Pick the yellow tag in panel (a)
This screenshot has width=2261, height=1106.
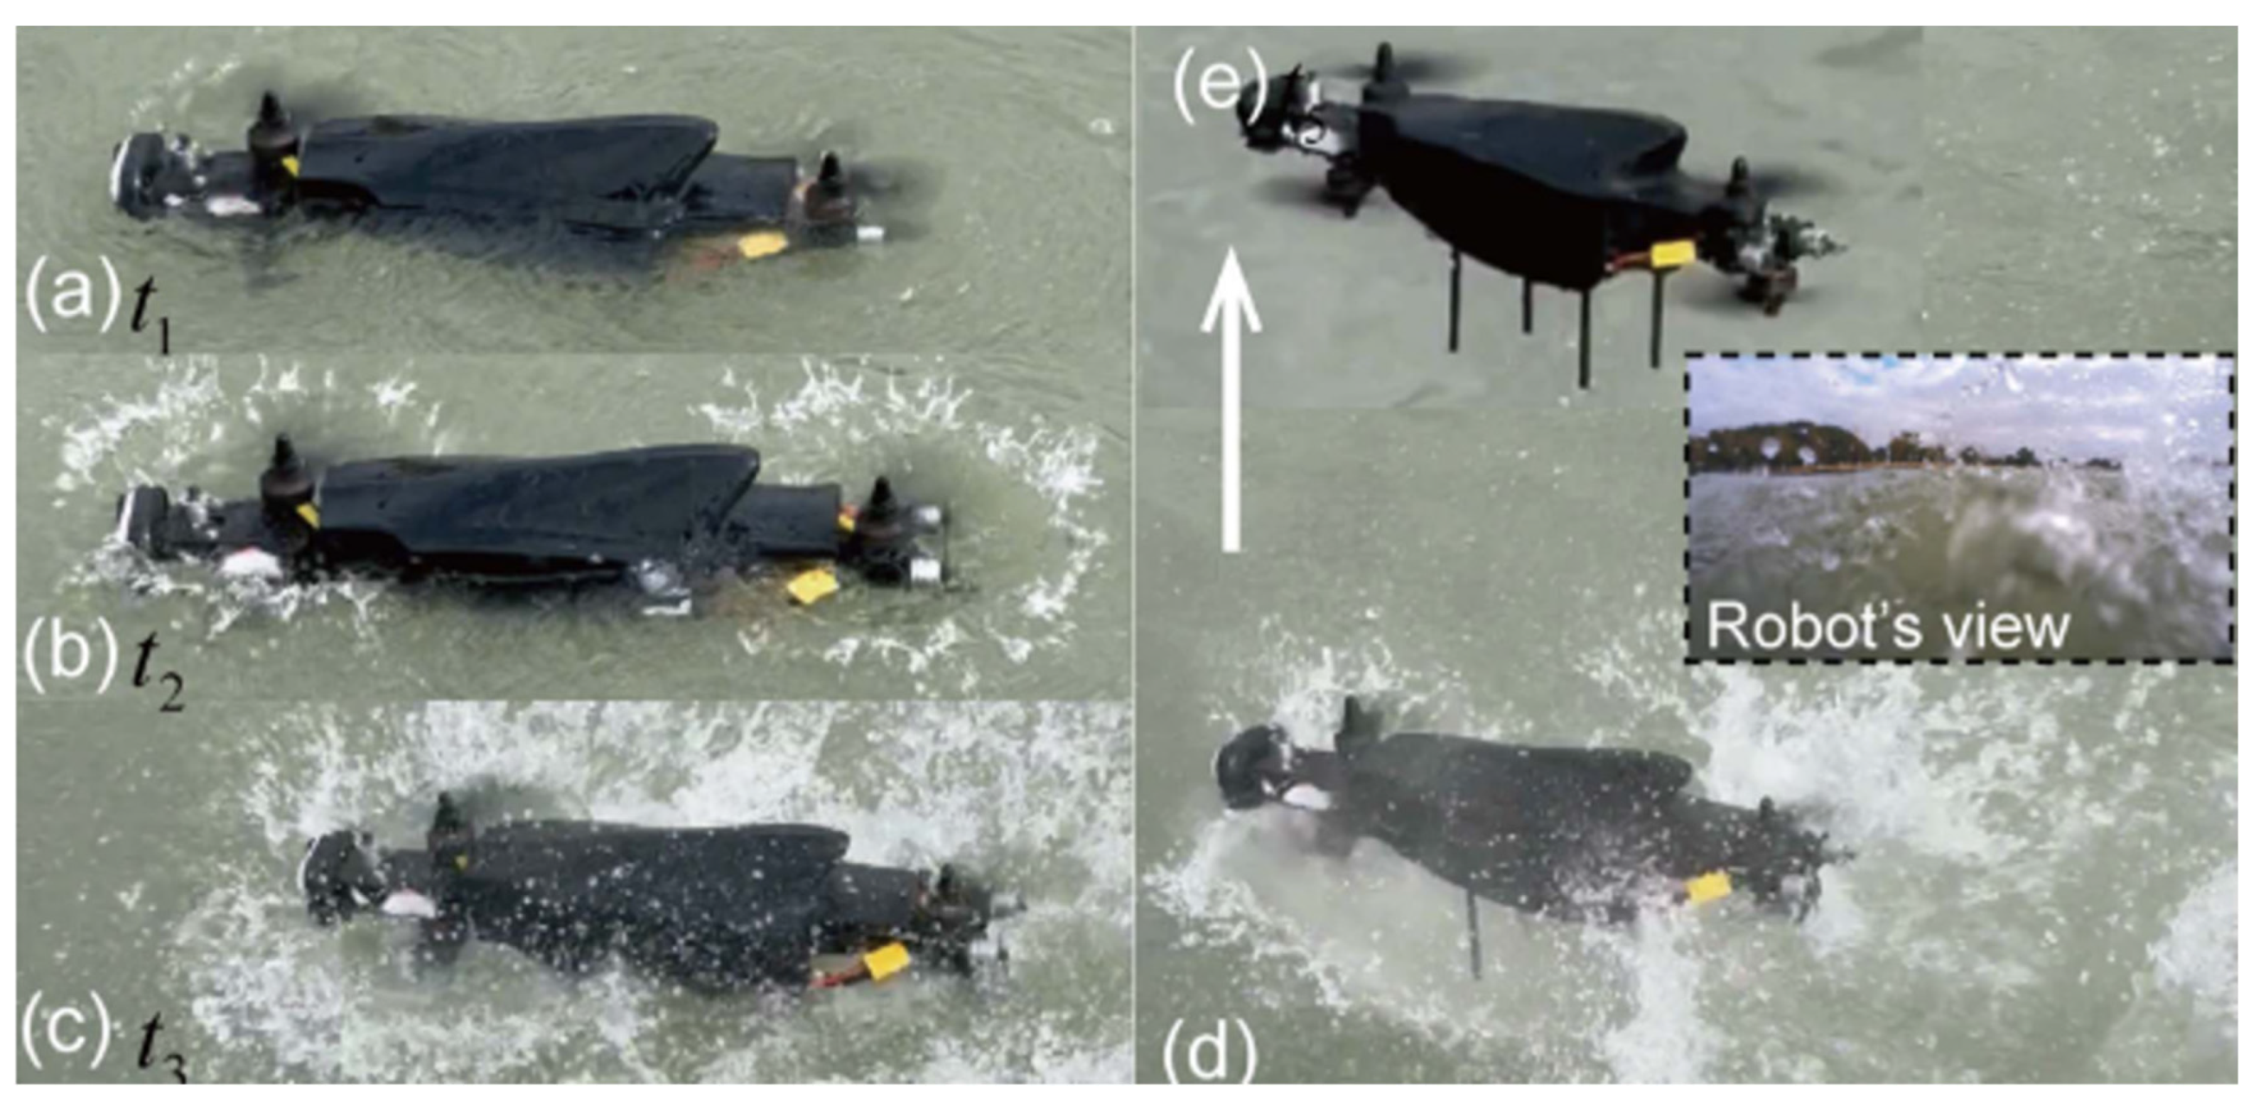point(761,245)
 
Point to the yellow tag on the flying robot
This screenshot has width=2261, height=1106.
point(1672,254)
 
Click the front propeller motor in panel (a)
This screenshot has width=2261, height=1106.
point(267,141)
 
